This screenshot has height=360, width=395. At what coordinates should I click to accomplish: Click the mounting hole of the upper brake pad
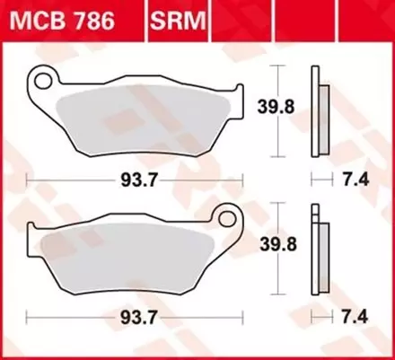(42, 80)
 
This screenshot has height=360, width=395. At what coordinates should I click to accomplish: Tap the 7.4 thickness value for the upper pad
(355, 180)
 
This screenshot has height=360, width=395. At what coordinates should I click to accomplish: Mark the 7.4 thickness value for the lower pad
(355, 318)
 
